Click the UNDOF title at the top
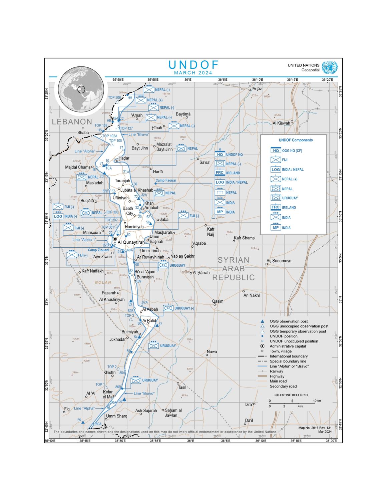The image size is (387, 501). point(193,65)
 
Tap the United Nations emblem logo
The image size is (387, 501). point(330,68)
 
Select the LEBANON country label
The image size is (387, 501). point(72,122)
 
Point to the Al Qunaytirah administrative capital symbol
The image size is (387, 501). point(115,239)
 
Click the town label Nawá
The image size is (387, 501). point(212,351)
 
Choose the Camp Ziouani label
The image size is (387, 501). point(98,250)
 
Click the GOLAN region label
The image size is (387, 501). point(103,282)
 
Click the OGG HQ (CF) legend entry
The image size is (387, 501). point(292,151)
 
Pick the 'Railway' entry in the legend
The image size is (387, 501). point(276,371)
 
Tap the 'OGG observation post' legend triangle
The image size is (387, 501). point(263,321)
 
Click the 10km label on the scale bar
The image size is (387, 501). point(317,401)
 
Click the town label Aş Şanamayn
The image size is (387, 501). point(279,261)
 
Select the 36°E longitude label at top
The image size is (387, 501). point(188,79)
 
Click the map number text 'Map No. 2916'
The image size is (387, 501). point(310,428)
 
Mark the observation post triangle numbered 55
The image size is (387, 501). point(83,422)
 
